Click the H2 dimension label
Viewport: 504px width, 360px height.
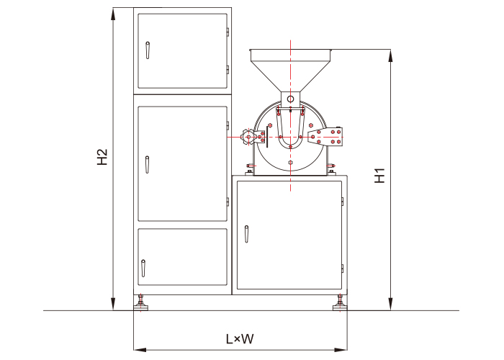click(102, 157)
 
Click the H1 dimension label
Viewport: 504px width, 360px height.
click(380, 176)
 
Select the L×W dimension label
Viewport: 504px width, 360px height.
click(240, 339)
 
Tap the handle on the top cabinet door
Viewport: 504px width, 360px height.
click(148, 50)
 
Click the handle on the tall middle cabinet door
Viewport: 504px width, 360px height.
click(147, 165)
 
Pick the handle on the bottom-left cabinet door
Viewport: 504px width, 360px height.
click(143, 269)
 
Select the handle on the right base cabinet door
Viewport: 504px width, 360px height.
click(246, 234)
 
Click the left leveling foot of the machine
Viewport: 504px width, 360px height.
click(141, 303)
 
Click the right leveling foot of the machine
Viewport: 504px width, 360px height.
click(340, 303)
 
